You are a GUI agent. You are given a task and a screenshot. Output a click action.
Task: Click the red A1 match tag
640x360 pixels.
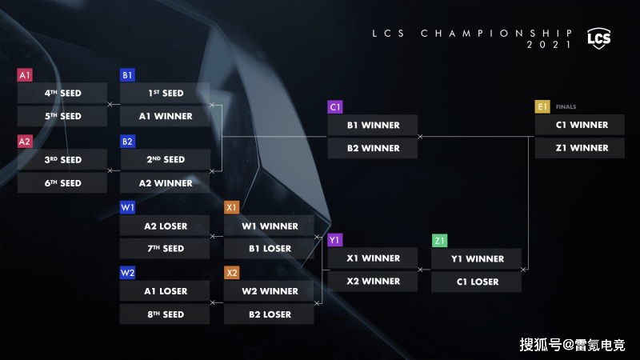(x=25, y=74)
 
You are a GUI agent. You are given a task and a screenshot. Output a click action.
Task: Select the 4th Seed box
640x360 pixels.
(x=62, y=93)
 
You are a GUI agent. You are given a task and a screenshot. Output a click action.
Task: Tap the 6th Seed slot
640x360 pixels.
(x=62, y=183)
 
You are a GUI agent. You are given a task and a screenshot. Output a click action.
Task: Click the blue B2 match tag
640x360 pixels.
(x=127, y=142)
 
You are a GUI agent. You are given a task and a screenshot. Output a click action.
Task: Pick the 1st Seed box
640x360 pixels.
(x=165, y=93)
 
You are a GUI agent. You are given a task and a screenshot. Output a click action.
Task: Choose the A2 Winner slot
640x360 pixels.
(x=165, y=183)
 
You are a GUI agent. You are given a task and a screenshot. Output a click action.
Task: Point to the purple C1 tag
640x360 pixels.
(x=334, y=107)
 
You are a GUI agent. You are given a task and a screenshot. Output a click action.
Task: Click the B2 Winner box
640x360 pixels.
(x=372, y=148)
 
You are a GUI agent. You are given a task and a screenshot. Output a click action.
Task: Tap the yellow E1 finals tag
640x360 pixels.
(x=542, y=107)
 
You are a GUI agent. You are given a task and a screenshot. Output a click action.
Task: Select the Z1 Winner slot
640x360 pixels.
(x=579, y=148)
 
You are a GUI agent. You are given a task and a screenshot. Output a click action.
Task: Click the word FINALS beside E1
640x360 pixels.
(x=566, y=107)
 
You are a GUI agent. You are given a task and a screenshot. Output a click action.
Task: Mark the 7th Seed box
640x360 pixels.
(x=165, y=248)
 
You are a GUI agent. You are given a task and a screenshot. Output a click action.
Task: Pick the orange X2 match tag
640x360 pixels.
(x=232, y=273)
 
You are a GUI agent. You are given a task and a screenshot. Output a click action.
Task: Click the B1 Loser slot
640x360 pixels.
(x=269, y=248)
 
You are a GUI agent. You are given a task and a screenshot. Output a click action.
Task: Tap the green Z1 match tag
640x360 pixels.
(x=439, y=241)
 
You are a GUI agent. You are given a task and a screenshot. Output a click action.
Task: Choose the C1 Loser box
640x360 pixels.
(x=476, y=282)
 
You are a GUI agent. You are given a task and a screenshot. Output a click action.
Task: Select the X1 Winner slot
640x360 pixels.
(x=372, y=258)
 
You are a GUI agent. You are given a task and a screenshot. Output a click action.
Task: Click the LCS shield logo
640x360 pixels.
(x=598, y=38)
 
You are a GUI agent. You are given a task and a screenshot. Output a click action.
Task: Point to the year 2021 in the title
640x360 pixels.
(x=549, y=45)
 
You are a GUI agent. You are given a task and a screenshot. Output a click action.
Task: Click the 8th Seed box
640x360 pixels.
(x=165, y=314)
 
